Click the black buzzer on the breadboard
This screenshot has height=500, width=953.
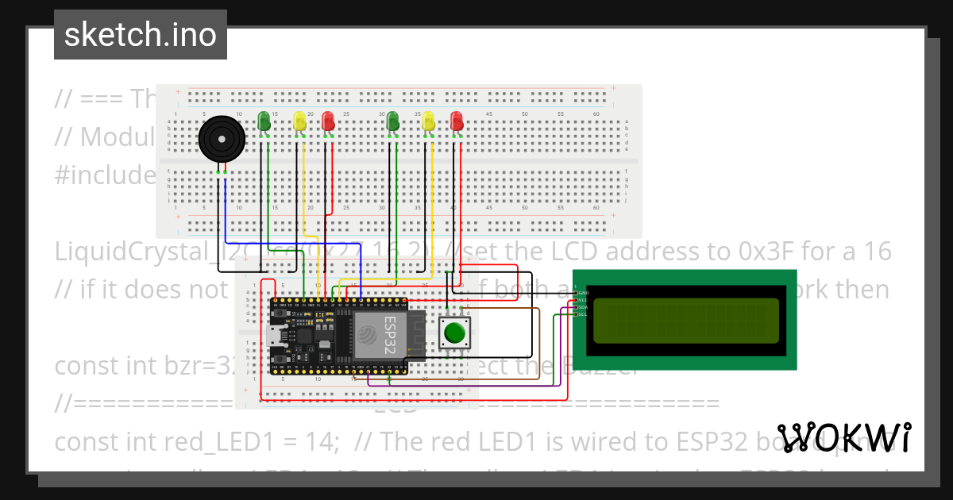pyautogui.click(x=220, y=140)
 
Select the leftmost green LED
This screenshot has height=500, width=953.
pyautogui.click(x=264, y=121)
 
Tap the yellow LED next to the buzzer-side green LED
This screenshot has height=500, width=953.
pyautogui.click(x=299, y=121)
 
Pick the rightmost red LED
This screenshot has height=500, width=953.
pyautogui.click(x=457, y=121)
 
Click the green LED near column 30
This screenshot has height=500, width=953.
pyautogui.click(x=392, y=121)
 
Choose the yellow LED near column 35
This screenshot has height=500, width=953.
pyautogui.click(x=429, y=121)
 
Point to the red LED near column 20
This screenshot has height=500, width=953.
pyautogui.click(x=327, y=121)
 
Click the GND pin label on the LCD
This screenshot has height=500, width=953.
pyautogui.click(x=583, y=293)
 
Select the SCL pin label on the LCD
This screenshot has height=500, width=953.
pyautogui.click(x=582, y=314)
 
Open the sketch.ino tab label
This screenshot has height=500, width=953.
pyautogui.click(x=140, y=35)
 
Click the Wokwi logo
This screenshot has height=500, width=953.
pyautogui.click(x=843, y=437)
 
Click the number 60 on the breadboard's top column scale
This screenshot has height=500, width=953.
pyautogui.click(x=596, y=114)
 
